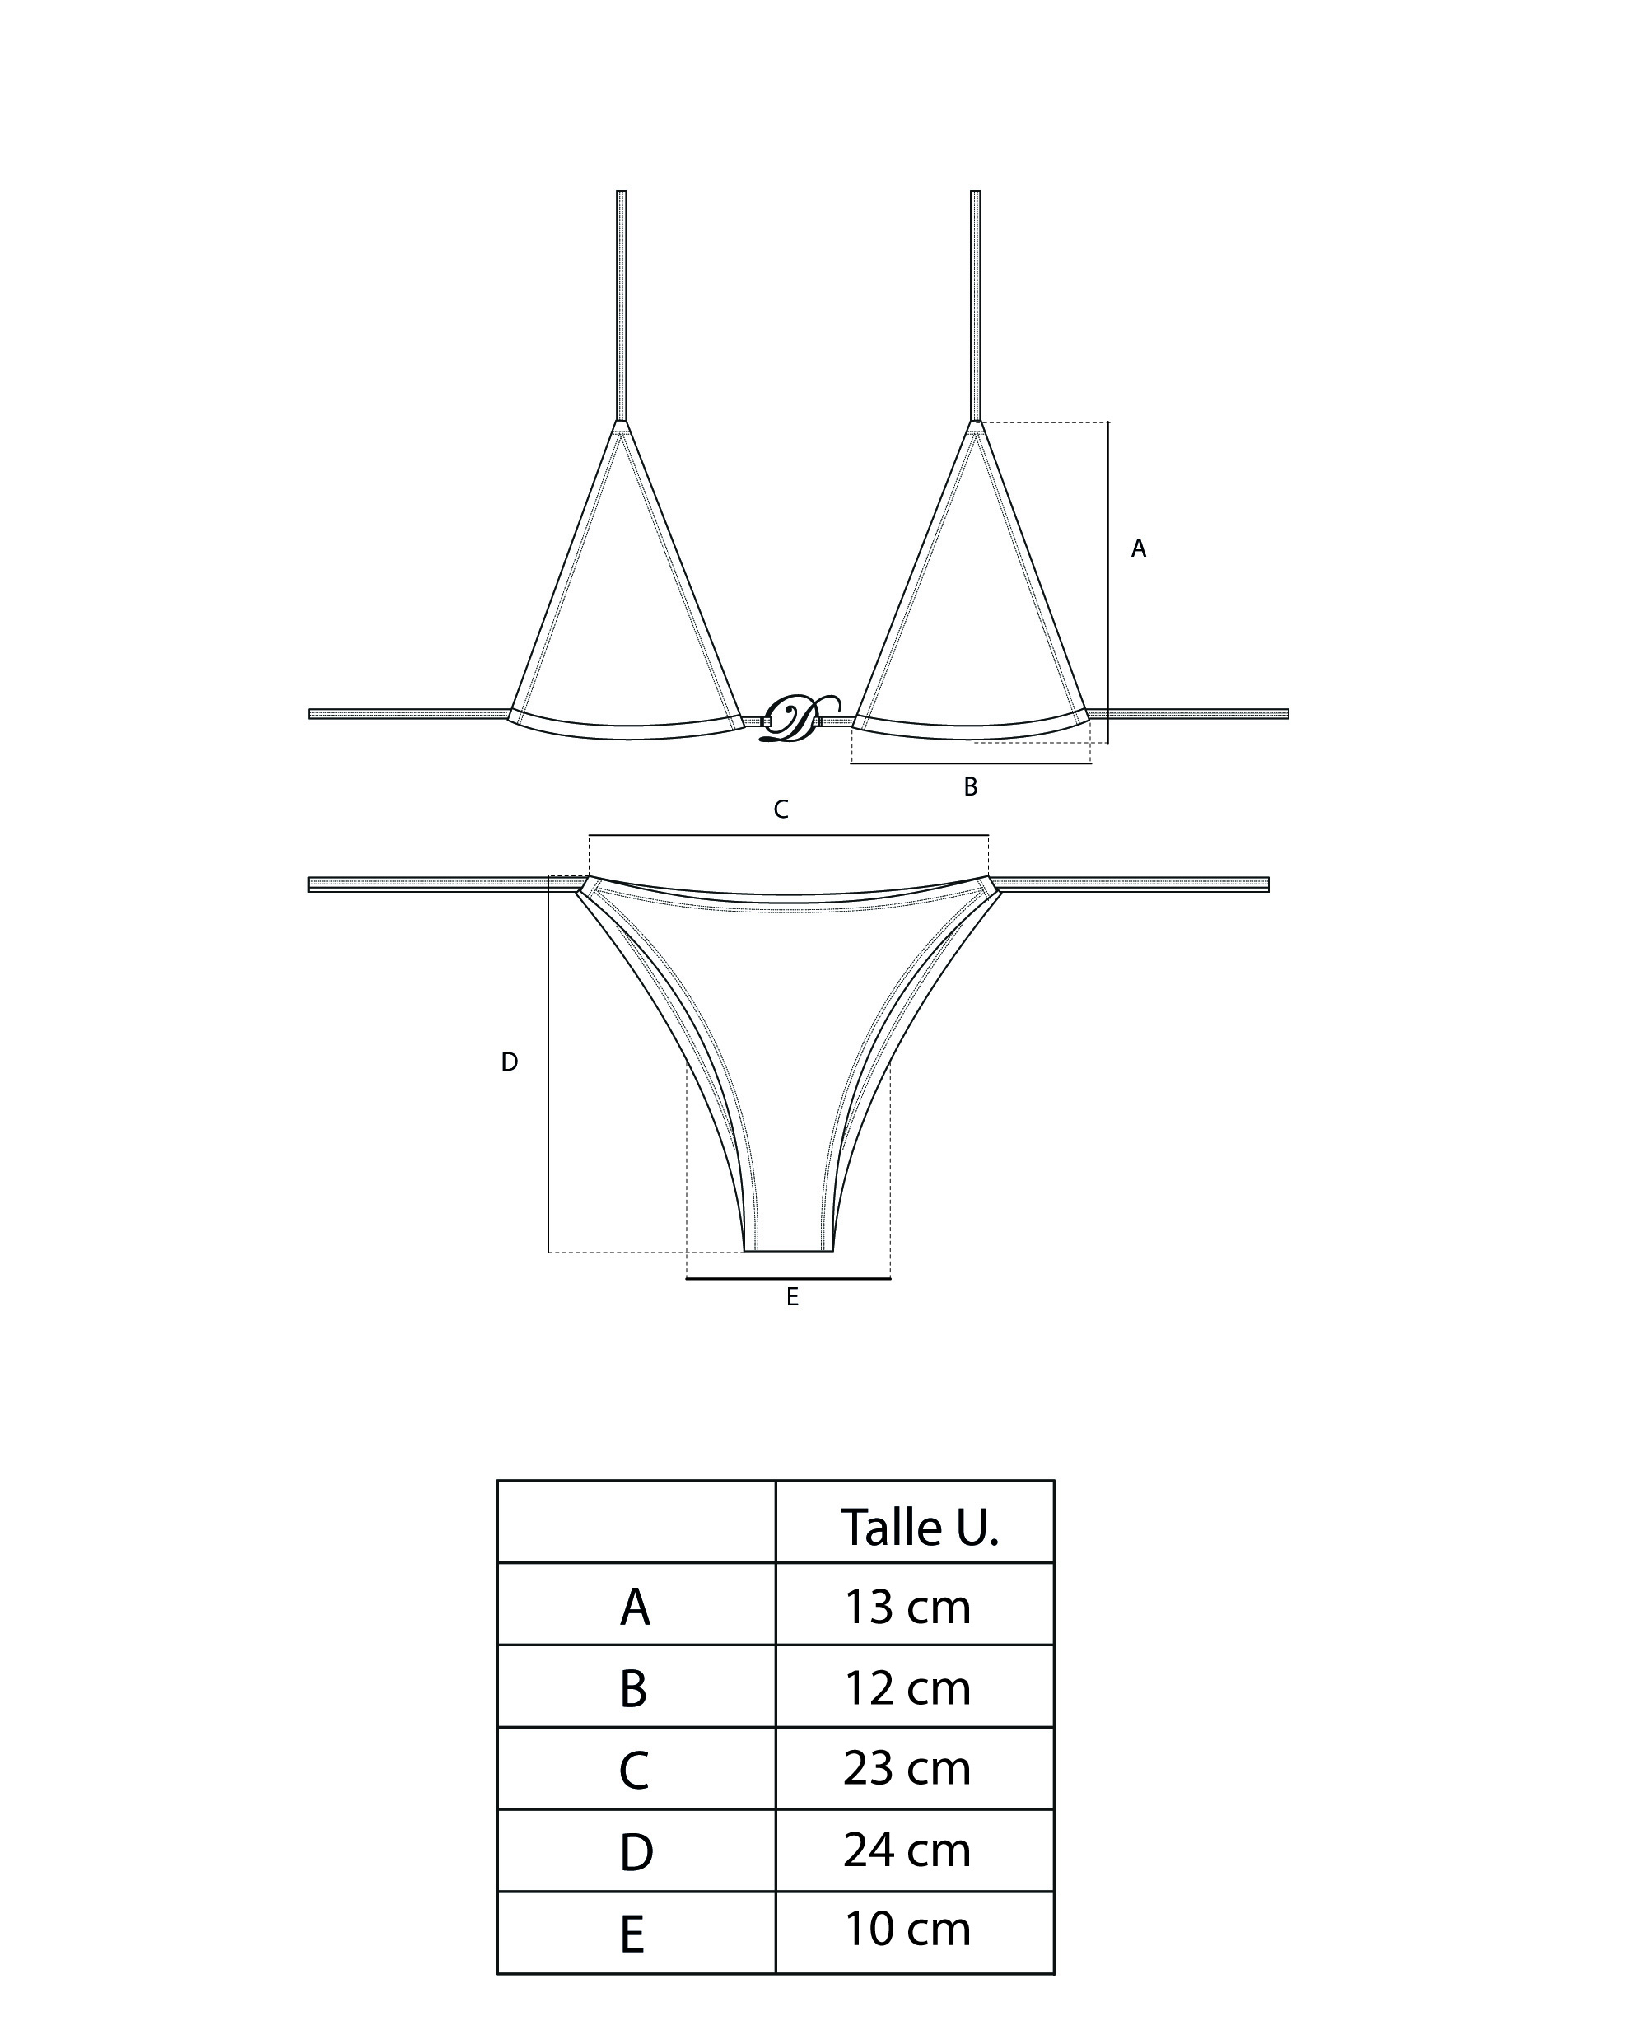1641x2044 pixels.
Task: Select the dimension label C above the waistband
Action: (781, 809)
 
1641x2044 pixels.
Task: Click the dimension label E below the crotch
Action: (793, 1297)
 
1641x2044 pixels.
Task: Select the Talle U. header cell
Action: (918, 1528)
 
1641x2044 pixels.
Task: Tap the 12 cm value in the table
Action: (907, 1687)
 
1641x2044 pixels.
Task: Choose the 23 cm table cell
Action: (907, 1768)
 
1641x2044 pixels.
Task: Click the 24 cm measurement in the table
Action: (907, 1850)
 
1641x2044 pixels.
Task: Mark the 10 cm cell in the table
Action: (907, 1930)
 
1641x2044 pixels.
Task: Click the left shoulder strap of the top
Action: (621, 303)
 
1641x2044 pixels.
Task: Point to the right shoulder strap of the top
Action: (976, 303)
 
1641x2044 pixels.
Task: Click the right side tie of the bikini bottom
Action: (1128, 884)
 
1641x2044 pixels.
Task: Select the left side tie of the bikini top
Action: (408, 714)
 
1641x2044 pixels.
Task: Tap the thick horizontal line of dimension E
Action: (788, 1279)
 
